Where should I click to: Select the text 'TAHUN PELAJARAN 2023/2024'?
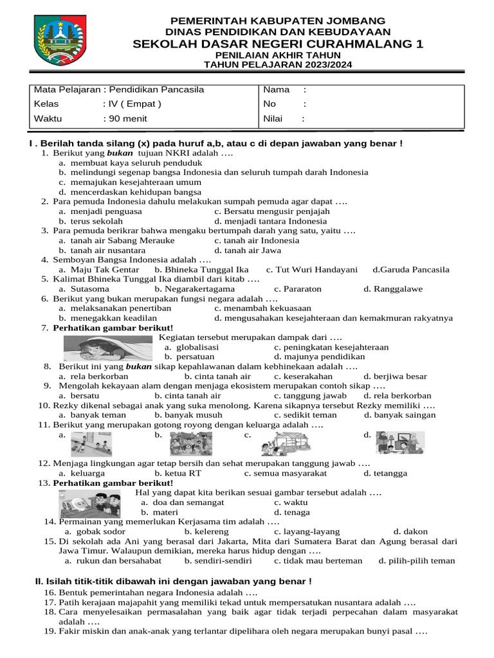pos(278,64)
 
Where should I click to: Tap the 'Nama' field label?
pos(277,90)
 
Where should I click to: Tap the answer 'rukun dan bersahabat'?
pos(116,560)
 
